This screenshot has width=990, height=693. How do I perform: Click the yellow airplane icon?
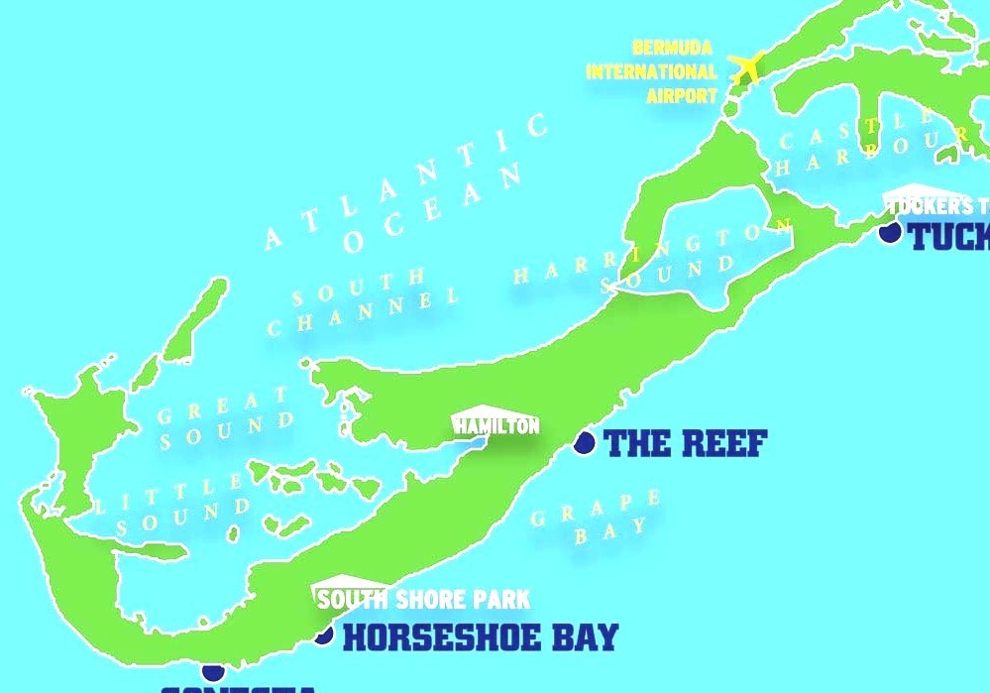745,67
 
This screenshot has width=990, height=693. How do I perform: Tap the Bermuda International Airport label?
651,72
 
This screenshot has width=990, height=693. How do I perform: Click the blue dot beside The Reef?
584,442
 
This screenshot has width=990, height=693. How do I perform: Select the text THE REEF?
685,443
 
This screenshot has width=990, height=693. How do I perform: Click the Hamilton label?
496,425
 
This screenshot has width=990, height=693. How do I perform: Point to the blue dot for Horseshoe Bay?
323,634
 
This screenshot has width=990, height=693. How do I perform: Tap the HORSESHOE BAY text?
480,636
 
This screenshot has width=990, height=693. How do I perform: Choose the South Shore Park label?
423,599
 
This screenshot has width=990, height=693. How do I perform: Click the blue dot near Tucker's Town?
890,232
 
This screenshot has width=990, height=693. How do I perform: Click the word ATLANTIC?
406,182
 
